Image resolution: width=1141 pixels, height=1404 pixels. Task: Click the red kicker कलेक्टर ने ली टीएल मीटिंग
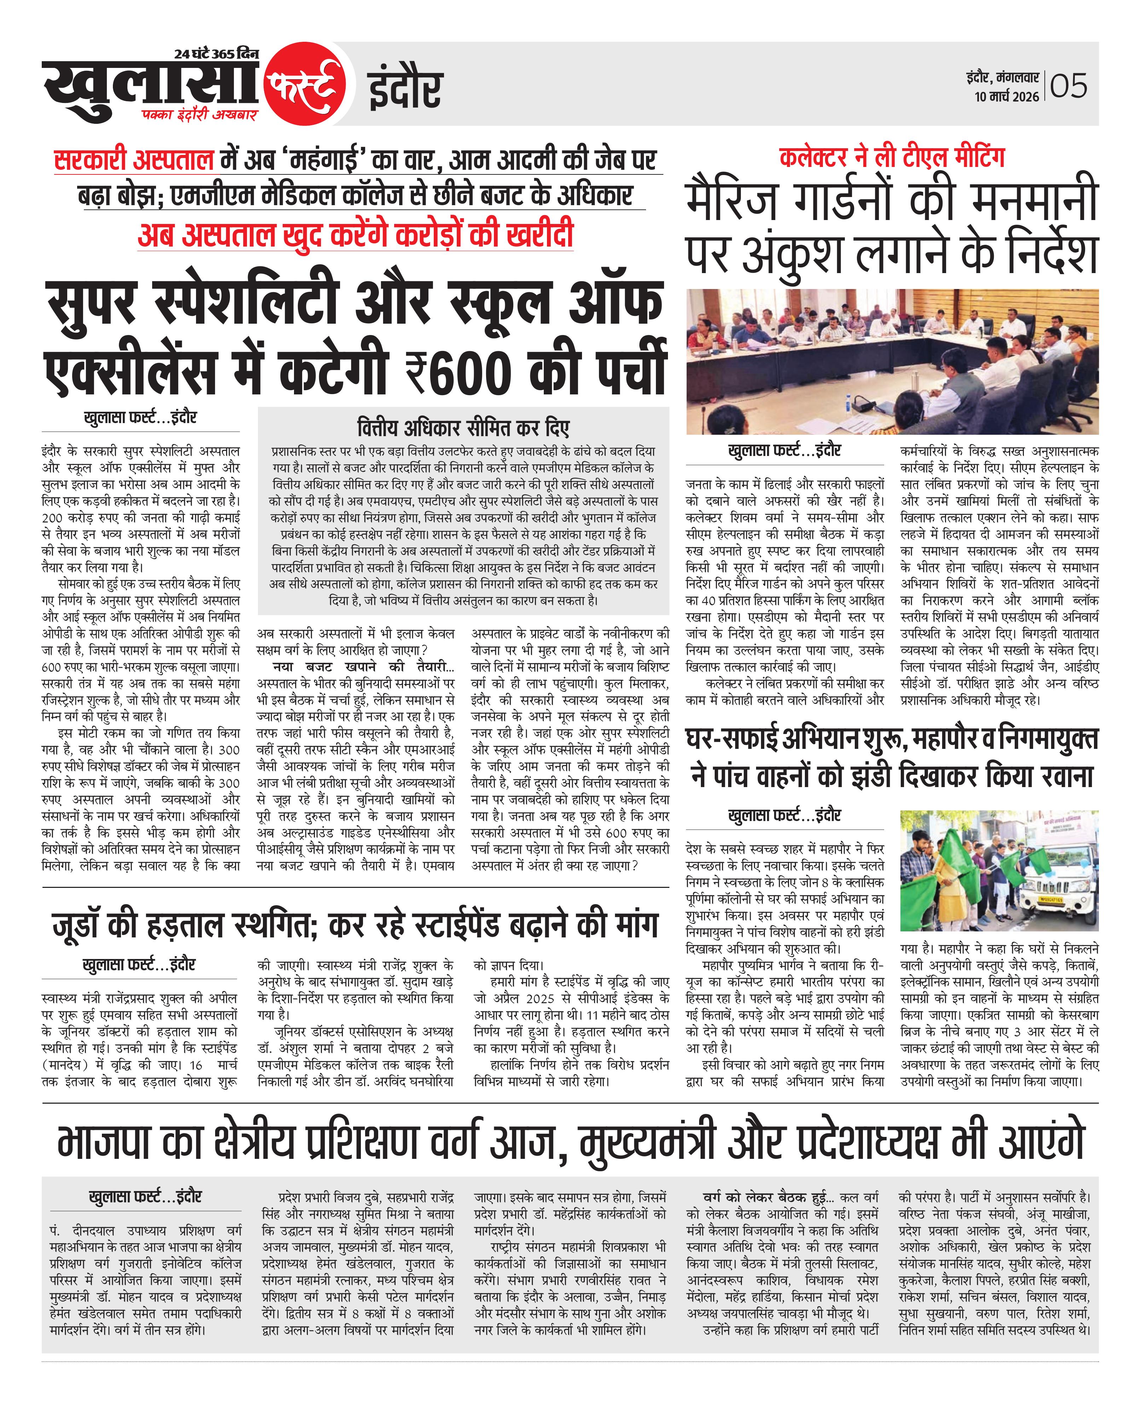(892, 158)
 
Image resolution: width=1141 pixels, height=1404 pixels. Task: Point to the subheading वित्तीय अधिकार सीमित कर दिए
(463, 428)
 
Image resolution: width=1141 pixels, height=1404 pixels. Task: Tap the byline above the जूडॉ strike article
(139, 965)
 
